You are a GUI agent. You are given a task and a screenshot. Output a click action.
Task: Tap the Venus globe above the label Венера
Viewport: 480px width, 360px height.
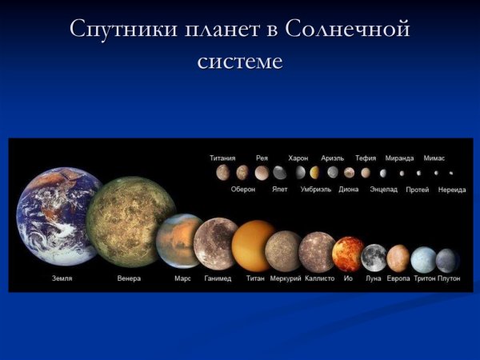[130, 222]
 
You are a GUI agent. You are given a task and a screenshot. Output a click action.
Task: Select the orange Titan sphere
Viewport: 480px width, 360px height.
[254, 246]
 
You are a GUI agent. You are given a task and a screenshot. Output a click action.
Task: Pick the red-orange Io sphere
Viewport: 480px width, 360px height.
[348, 254]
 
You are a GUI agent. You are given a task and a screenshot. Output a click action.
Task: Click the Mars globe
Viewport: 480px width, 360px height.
[182, 240]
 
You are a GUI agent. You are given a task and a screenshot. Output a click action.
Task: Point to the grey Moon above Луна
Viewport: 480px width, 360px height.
[374, 258]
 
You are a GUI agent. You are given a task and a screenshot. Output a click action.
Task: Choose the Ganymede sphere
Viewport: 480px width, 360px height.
[217, 243]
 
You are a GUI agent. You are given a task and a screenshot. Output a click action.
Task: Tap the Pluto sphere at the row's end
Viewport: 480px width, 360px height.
[447, 261]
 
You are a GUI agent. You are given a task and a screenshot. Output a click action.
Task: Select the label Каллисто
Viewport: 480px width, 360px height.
[318, 279]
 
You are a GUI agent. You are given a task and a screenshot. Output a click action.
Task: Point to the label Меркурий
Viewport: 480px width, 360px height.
[284, 279]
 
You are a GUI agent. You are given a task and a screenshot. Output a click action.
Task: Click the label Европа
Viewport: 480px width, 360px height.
[398, 279]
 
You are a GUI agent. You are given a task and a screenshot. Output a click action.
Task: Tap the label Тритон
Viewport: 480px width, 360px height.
[424, 279]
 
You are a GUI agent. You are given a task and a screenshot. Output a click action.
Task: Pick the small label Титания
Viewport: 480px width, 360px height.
[222, 158]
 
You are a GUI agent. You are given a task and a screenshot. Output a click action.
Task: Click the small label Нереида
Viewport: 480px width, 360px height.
[451, 190]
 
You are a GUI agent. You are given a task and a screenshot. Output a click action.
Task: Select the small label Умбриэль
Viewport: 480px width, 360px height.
[315, 190]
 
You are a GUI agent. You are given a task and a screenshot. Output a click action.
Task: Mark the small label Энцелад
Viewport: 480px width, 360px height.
[383, 190]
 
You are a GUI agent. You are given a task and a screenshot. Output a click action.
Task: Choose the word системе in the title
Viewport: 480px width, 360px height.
[240, 60]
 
